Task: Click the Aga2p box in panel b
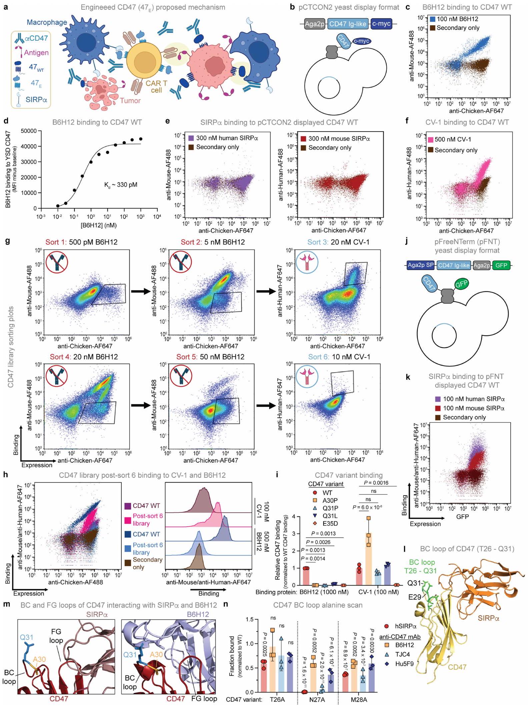pos(315,24)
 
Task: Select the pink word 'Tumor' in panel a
pos(130,100)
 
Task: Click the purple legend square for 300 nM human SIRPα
pos(191,138)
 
